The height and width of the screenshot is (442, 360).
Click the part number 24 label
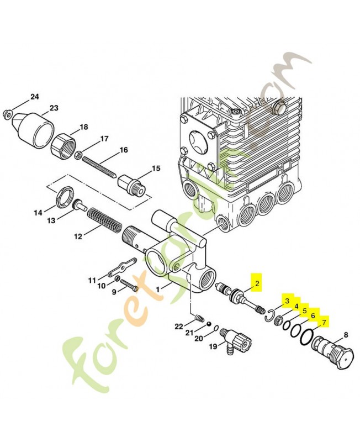pos(35,97)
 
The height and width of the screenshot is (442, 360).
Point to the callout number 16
pos(123,150)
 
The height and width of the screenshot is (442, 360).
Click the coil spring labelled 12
pos(104,220)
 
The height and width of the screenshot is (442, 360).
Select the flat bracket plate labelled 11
pos(119,270)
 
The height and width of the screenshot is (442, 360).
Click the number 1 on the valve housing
pos(159,288)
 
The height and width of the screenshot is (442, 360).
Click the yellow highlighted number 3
pos(287,301)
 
